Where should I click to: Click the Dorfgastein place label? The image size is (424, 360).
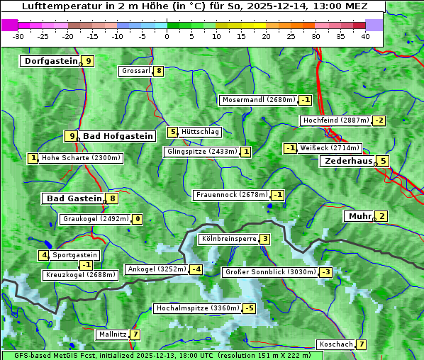pos(50,61)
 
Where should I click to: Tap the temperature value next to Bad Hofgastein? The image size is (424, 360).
pos(71,136)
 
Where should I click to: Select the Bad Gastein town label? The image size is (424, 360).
pos(74,198)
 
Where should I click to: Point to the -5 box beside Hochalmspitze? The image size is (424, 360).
pos(249,308)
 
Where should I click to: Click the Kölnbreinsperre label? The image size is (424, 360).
pos(228,239)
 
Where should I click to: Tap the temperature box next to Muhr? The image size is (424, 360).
pos(382,216)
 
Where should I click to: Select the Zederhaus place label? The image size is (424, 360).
pos(347,161)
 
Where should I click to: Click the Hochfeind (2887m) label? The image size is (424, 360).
pos(336,120)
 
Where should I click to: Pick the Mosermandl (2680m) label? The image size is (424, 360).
pos(258,100)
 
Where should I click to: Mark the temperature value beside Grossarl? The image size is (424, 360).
pos(160,71)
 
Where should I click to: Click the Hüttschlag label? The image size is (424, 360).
pos(201,132)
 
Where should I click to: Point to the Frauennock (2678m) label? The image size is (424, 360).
pos(231,195)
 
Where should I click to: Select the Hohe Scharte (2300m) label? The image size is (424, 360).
pos(81,158)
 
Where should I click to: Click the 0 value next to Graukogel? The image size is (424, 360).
pos(138,220)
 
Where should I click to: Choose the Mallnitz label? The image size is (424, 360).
pos(113,334)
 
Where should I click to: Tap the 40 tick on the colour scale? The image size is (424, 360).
pos(365,35)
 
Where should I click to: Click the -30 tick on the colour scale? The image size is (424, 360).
pos(18,35)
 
